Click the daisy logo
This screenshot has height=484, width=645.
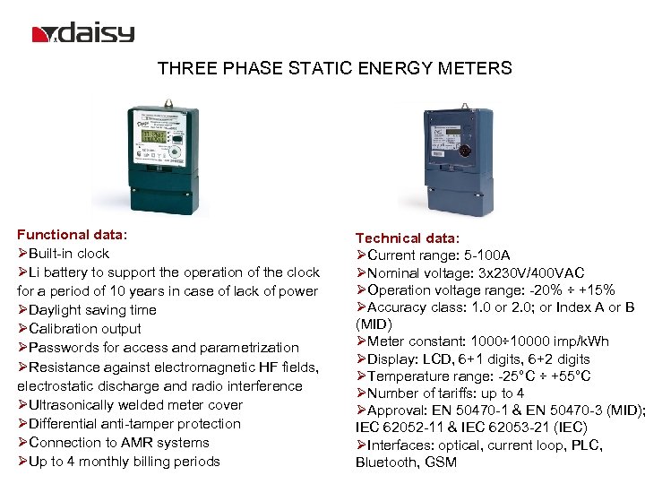(x=83, y=34)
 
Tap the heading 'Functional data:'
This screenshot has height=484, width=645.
(x=73, y=234)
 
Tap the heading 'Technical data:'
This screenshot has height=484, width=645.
(x=408, y=238)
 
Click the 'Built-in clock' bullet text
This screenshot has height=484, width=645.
(x=69, y=253)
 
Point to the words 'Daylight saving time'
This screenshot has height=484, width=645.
(x=92, y=310)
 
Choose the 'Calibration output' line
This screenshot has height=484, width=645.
(x=85, y=329)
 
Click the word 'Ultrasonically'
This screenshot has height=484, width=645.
(x=71, y=405)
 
